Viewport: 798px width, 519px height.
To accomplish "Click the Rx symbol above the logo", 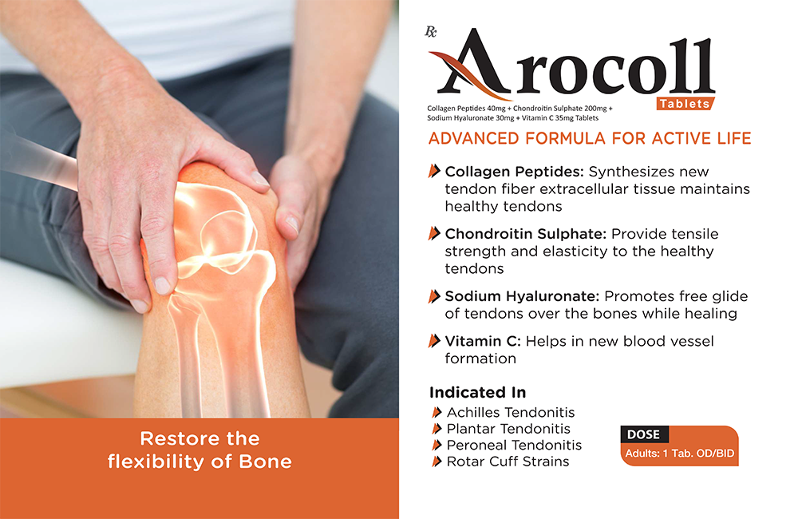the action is (x=431, y=32).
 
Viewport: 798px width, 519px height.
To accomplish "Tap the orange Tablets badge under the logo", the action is (x=685, y=104).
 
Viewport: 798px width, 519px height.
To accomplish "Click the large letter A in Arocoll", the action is (x=471, y=64).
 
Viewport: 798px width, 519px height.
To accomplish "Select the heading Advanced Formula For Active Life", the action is (x=590, y=139).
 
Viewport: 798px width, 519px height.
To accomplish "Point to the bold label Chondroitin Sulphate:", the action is (x=526, y=234).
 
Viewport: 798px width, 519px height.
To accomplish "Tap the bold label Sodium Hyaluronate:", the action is (x=522, y=296).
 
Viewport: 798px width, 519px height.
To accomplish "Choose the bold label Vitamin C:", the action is (x=483, y=341).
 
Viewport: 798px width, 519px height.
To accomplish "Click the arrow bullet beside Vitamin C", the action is (x=434, y=341).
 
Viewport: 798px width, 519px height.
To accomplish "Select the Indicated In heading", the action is (x=477, y=393).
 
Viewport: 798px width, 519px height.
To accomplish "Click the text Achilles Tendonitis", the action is (x=511, y=413).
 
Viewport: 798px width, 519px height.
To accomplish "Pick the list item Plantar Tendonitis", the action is (x=508, y=429).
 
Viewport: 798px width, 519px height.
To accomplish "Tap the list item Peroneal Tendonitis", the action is (x=514, y=446).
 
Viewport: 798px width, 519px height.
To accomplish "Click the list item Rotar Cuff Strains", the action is (x=508, y=462).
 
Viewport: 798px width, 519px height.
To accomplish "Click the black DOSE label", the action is (x=644, y=434).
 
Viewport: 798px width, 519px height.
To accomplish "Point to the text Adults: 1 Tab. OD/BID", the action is (x=679, y=454).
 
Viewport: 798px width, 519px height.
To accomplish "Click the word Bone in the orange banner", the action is (x=265, y=462).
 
